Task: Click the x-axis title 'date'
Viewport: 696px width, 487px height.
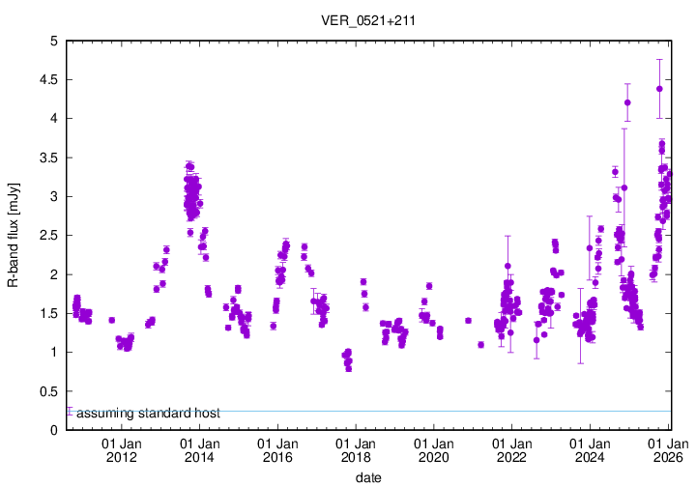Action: click(367, 476)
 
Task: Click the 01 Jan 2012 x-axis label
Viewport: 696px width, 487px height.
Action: click(121, 450)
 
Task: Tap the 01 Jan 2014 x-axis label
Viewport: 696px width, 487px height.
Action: click(199, 450)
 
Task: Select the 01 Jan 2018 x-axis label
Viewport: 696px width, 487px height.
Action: click(356, 450)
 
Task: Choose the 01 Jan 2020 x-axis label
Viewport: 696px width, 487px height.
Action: click(434, 450)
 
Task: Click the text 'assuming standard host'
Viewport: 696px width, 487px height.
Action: click(148, 414)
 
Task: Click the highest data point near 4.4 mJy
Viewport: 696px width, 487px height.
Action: click(659, 89)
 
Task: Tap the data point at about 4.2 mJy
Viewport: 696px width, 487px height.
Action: click(627, 102)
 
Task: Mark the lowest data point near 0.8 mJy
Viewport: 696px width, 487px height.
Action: click(349, 368)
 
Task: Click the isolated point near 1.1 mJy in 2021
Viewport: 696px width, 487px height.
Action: click(480, 344)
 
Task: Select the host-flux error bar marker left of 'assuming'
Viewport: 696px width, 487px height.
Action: click(69, 412)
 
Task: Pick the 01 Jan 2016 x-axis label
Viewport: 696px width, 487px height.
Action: click(277, 450)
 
